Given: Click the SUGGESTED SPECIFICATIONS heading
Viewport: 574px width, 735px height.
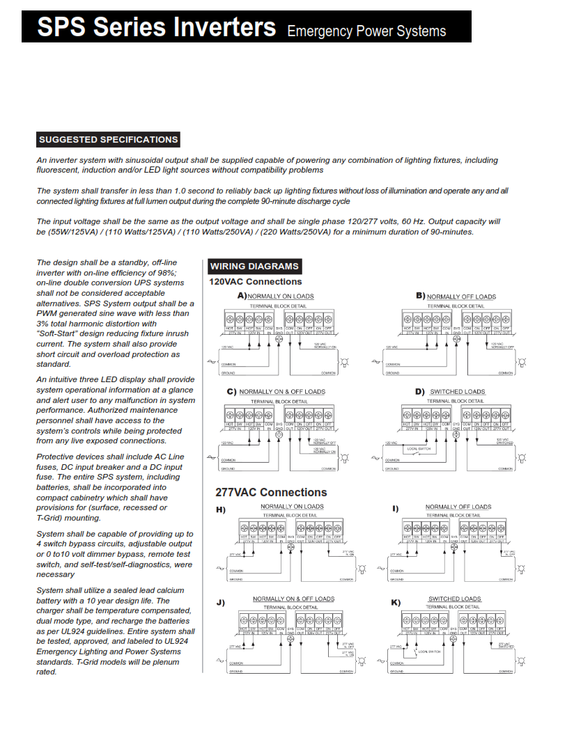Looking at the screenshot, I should coord(109,139).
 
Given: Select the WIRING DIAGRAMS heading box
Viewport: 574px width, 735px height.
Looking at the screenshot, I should coord(254,266).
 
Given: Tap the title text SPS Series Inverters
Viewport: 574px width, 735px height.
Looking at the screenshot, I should coord(157,28).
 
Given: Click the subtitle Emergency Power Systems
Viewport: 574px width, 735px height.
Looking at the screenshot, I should coord(366,31).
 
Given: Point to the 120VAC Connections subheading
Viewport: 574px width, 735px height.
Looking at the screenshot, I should coord(256,282).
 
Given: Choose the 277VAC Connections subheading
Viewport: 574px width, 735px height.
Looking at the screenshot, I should coord(271,492).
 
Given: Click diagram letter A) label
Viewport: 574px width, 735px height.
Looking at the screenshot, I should coord(242,295).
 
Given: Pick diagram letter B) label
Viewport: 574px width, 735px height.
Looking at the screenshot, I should coord(420,296).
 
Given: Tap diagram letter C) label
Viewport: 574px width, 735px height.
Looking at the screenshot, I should coord(232,391).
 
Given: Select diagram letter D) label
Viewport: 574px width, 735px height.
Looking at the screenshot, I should coord(420,391).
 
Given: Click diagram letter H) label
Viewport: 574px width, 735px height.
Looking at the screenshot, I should coord(222,509).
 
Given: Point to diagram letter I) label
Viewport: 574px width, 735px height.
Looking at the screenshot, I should coord(396,509).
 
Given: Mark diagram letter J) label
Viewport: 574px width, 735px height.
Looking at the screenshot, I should coord(221,602).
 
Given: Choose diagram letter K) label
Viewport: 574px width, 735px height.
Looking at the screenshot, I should coord(396,602).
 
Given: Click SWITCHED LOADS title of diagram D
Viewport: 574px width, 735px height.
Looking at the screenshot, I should coord(457,392).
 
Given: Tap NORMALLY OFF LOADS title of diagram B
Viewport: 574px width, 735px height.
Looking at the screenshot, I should coord(461,297).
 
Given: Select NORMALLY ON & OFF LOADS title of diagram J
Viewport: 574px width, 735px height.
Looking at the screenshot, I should coord(293,599).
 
